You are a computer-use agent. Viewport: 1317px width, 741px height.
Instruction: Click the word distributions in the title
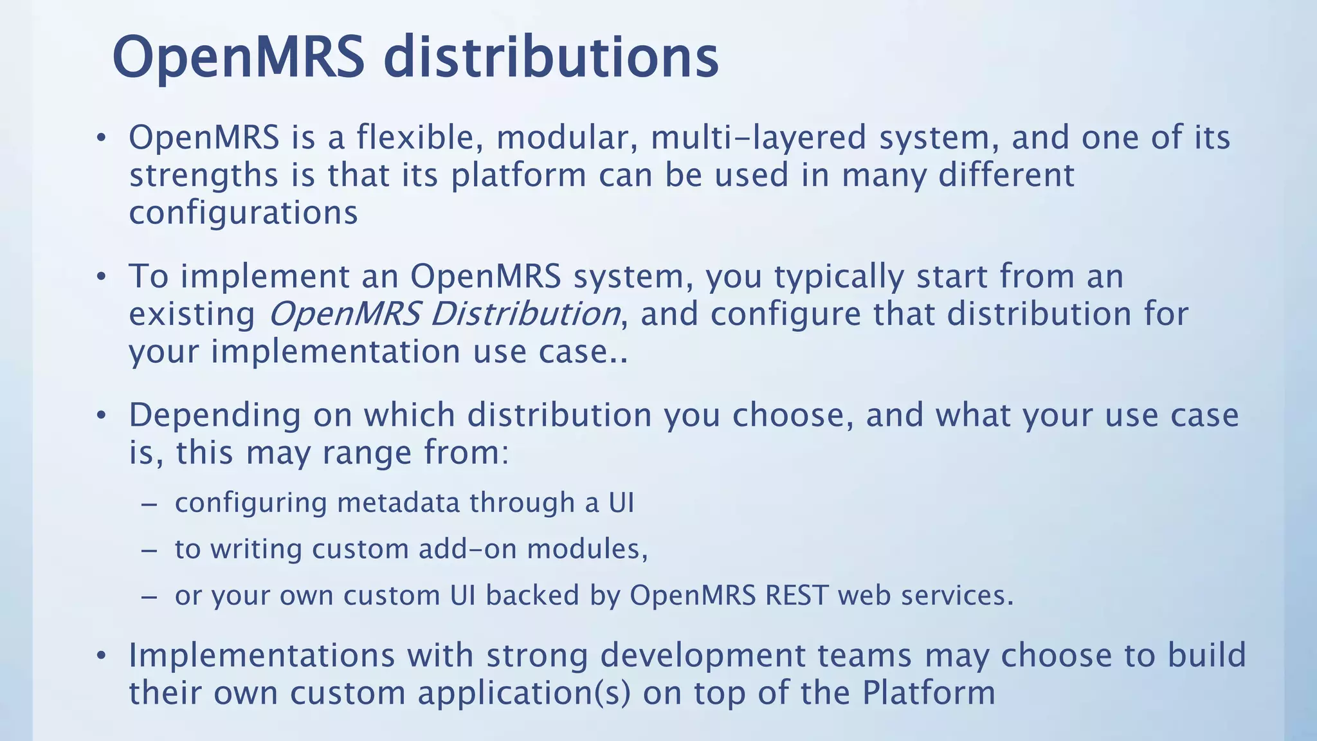[x=550, y=58]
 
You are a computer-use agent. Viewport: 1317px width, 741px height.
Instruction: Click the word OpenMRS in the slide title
[x=239, y=58]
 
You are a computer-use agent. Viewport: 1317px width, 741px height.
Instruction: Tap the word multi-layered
[x=758, y=138]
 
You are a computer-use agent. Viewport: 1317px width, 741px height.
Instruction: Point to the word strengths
[x=204, y=176]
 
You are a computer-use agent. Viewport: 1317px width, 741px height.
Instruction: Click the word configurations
[x=243, y=213]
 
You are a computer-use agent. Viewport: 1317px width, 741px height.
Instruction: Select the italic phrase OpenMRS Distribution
[x=444, y=314]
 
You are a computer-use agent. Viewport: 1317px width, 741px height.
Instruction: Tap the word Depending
[x=215, y=416]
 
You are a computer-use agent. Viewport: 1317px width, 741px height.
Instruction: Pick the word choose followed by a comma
[x=793, y=416]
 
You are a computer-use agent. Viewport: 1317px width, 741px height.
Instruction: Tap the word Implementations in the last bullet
[x=262, y=655]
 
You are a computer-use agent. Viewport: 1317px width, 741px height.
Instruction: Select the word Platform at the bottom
[x=929, y=693]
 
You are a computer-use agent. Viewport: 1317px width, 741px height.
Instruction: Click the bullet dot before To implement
[x=100, y=277]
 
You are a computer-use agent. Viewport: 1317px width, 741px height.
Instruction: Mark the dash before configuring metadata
[x=149, y=504]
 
